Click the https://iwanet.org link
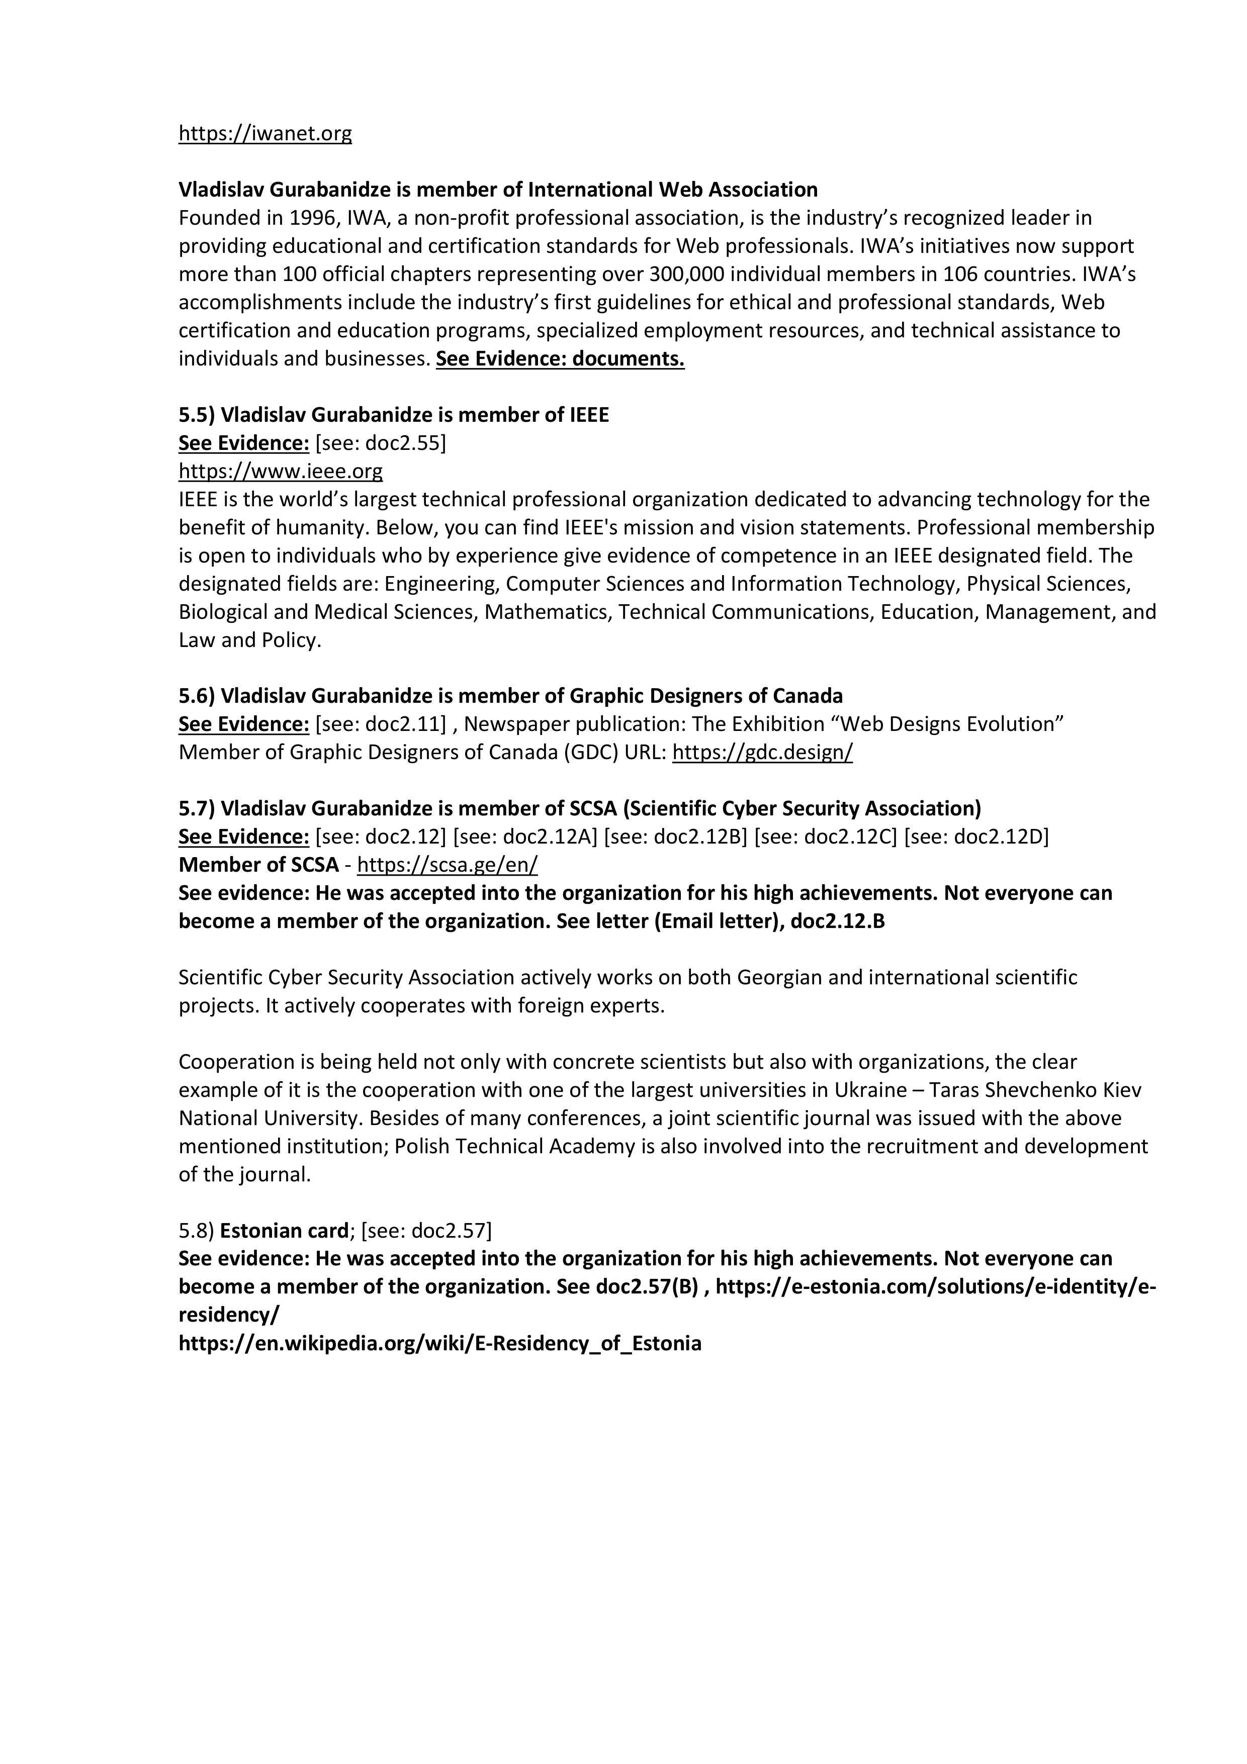point(265,134)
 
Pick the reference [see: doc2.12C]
point(825,837)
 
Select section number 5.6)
point(197,696)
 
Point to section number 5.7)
point(197,808)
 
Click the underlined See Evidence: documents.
point(560,359)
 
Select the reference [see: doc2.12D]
point(976,837)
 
